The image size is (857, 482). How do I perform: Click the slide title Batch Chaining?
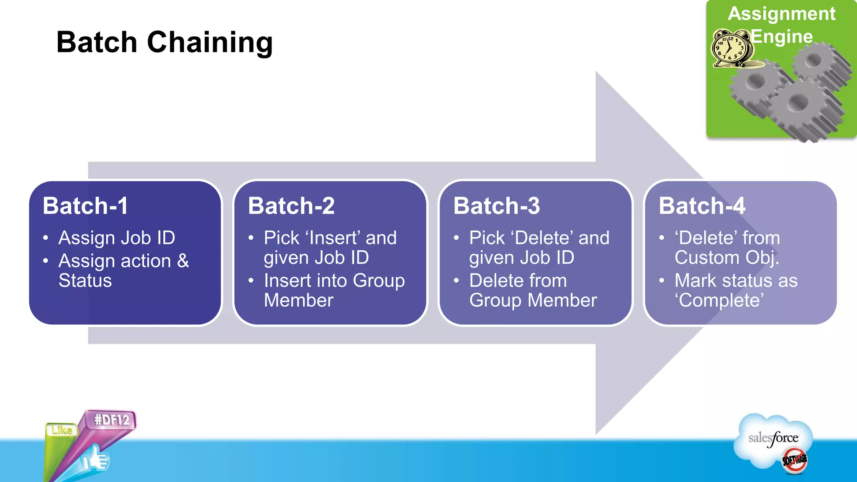(x=164, y=42)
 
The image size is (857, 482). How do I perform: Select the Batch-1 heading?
(x=85, y=206)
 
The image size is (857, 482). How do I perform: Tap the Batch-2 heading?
(x=291, y=206)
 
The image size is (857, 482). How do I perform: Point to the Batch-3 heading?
(x=497, y=206)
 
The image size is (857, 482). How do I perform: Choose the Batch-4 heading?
(x=702, y=206)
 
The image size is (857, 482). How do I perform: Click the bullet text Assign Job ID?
(x=117, y=238)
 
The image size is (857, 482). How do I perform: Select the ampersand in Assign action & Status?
(x=183, y=261)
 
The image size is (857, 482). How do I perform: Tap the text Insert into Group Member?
(x=334, y=290)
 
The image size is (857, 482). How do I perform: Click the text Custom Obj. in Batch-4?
(x=727, y=258)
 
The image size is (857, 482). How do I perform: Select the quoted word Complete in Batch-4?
(x=719, y=300)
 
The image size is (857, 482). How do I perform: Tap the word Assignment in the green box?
(x=781, y=14)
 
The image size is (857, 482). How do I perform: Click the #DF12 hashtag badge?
(x=112, y=420)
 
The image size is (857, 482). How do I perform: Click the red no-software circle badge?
(x=795, y=460)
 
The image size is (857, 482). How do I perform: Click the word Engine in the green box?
(x=782, y=36)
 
